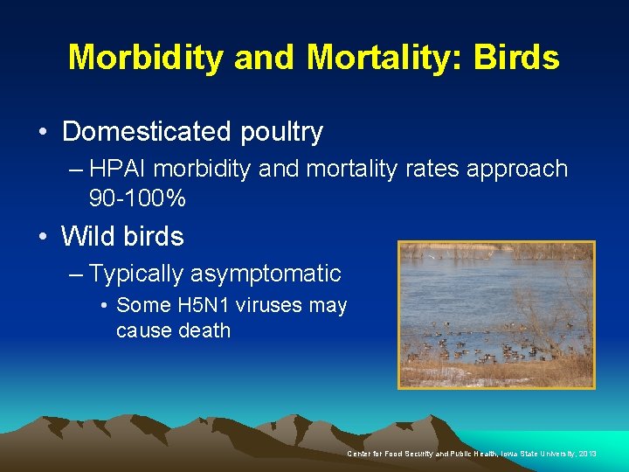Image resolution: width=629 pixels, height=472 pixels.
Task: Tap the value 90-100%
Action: [x=137, y=198]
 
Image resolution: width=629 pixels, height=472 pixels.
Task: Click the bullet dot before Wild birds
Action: [x=44, y=237]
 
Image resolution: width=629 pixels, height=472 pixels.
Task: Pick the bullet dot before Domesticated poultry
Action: [x=44, y=133]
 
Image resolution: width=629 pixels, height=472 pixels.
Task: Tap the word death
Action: [x=204, y=330]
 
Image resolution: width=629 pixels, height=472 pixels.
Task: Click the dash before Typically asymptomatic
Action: [x=77, y=274]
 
